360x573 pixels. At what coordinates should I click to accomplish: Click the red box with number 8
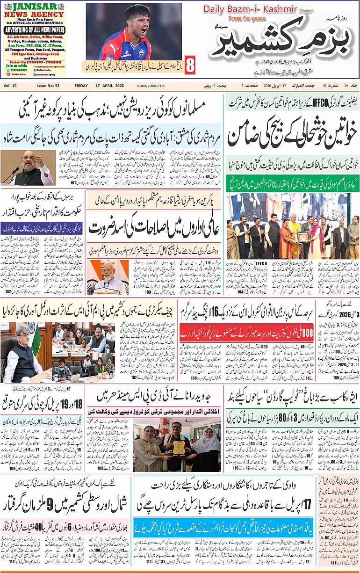click(190, 65)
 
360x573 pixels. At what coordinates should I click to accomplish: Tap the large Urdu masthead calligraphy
click(281, 44)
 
